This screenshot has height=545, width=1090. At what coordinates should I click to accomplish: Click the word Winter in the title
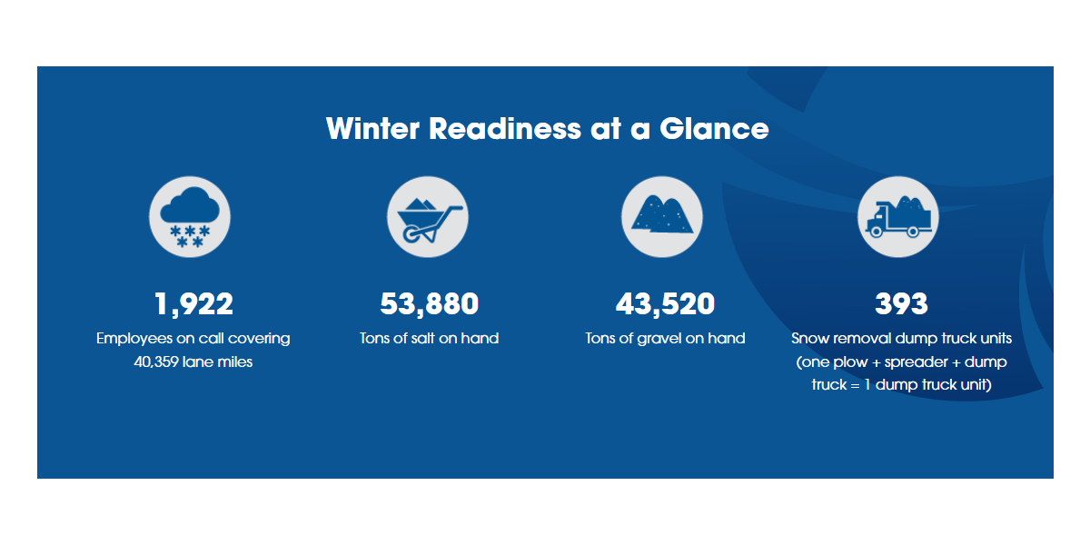pyautogui.click(x=372, y=128)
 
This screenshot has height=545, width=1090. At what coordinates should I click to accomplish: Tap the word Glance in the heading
pyautogui.click(x=714, y=128)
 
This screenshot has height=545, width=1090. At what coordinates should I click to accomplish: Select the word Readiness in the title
pyautogui.click(x=505, y=128)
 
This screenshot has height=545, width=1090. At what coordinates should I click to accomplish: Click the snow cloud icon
pyautogui.click(x=190, y=217)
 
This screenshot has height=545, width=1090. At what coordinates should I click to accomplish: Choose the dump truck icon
pyautogui.click(x=897, y=217)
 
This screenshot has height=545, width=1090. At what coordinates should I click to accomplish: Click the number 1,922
pyautogui.click(x=193, y=304)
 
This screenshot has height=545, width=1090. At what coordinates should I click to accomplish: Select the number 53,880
pyautogui.click(x=429, y=304)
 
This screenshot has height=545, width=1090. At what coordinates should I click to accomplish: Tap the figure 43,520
pyautogui.click(x=665, y=304)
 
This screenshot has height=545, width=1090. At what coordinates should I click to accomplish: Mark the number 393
pyautogui.click(x=901, y=303)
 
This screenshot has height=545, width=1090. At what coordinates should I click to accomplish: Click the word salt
pyautogui.click(x=421, y=338)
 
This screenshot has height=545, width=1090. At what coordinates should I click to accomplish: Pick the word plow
pyautogui.click(x=850, y=362)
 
